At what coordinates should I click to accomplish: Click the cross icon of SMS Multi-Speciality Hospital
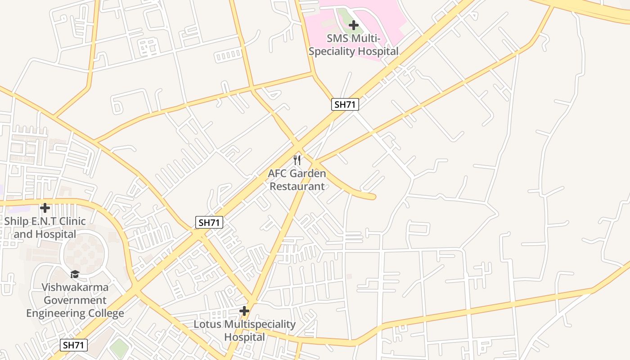pyautogui.click(x=354, y=25)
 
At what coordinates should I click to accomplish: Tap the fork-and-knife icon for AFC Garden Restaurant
pyautogui.click(x=297, y=160)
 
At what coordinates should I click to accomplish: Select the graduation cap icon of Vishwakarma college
pyautogui.click(x=75, y=274)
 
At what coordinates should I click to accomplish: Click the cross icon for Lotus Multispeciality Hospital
pyautogui.click(x=244, y=311)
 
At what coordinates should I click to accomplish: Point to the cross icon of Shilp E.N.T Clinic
pyautogui.click(x=45, y=208)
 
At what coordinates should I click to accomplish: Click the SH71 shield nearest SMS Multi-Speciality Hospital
pyautogui.click(x=345, y=105)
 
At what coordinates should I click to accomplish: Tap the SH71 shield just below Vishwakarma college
pyautogui.click(x=74, y=345)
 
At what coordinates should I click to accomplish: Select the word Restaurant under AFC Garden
pyautogui.click(x=297, y=186)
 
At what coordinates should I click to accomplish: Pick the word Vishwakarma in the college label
pyautogui.click(x=75, y=287)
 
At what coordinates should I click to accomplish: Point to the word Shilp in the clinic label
pyautogui.click(x=17, y=221)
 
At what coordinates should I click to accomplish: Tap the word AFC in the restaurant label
pyautogui.click(x=278, y=173)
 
